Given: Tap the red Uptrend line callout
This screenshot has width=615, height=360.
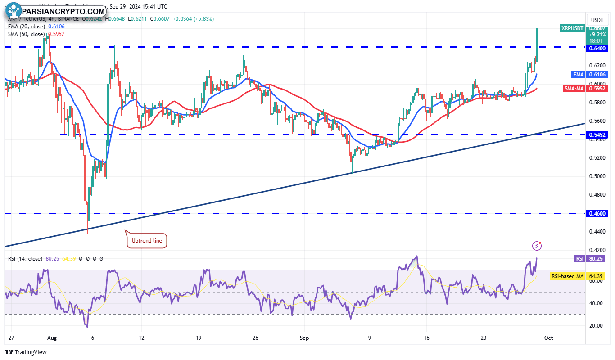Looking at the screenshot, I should point(146,241).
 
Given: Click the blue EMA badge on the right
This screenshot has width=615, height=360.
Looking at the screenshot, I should point(578,75).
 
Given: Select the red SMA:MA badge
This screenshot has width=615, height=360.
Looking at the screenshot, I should point(574,89).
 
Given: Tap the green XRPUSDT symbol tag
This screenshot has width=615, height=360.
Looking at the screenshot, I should point(572,28).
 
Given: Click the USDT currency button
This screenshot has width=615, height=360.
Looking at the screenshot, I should point(597,20).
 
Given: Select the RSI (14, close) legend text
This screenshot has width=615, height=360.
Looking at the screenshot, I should point(25,259).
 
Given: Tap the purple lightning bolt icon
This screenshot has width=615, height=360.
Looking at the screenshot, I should point(536,246).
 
